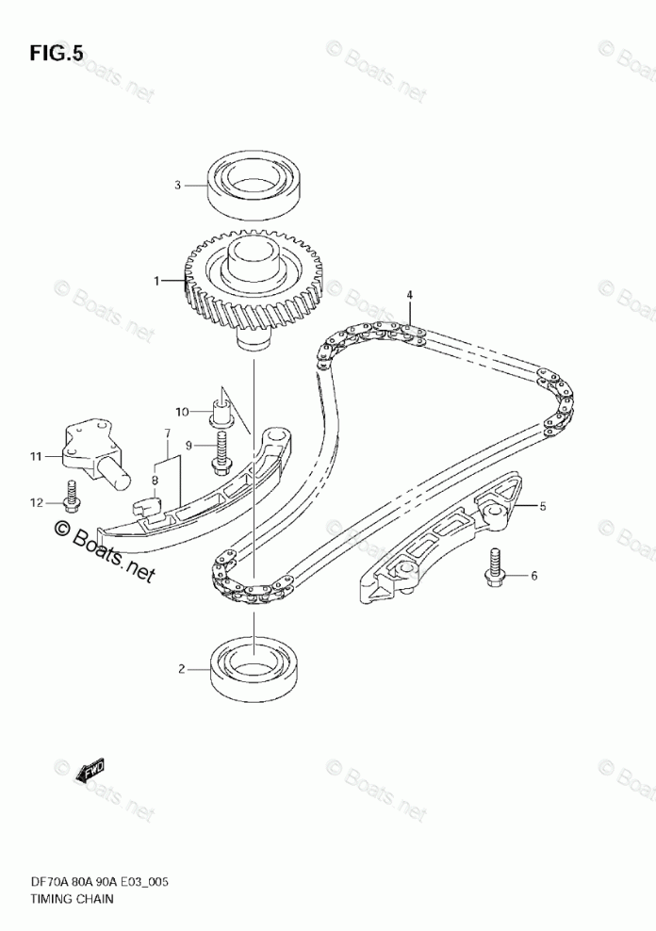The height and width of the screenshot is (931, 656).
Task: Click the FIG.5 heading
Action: [x=56, y=54]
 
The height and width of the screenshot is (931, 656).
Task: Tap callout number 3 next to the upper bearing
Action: [x=176, y=186]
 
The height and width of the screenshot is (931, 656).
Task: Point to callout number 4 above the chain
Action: [x=410, y=296]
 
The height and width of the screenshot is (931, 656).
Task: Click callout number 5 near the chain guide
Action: [x=542, y=507]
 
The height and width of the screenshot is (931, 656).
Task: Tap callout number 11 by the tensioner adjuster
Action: [x=36, y=457]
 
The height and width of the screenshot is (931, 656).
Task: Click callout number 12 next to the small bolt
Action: [x=36, y=502]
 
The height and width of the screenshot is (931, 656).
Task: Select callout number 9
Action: [x=188, y=445]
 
